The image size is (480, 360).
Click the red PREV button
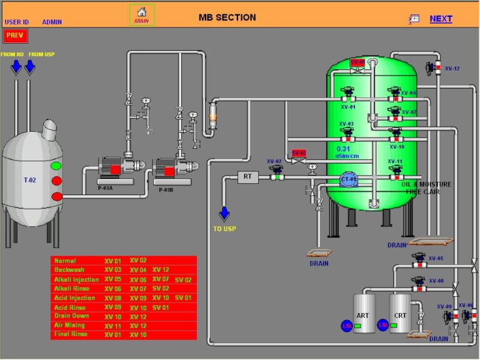pos(14,36)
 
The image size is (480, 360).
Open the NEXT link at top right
pos(441,19)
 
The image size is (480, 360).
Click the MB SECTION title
pos(227,17)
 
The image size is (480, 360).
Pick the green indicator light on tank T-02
pos(56,166)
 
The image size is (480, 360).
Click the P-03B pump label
pos(166,189)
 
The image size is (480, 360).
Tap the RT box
pos(247,177)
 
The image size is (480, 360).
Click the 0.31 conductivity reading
pos(343,149)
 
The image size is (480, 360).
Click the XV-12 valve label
pos(451,69)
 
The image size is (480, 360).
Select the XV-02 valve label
pos(274,161)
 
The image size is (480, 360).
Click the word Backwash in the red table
pos(69,269)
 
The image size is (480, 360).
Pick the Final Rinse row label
pos(70,334)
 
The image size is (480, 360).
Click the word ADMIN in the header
pos(52,22)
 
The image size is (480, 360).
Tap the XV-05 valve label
pos(436,258)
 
